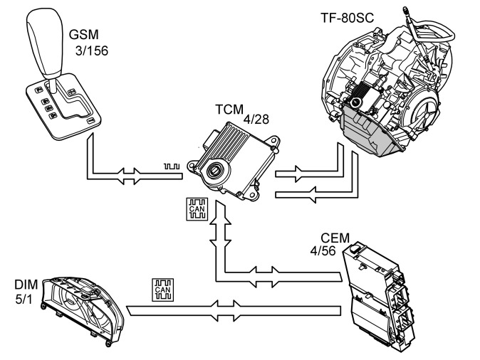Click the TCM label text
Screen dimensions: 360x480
pos(229,112)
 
